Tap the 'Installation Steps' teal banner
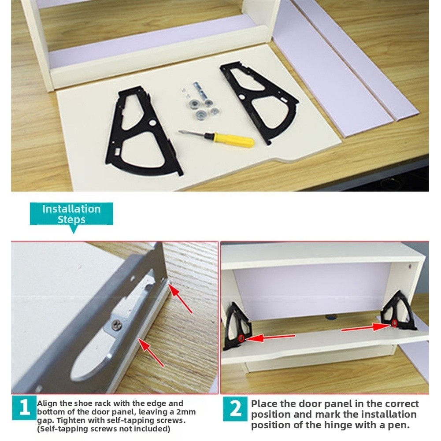(x=71, y=214)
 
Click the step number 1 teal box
(x=24, y=408)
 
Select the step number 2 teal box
(x=236, y=409)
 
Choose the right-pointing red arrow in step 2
(x=366, y=327)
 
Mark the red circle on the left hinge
(x=241, y=338)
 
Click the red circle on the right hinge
(x=395, y=323)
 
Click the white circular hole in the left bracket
(x=153, y=122)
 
